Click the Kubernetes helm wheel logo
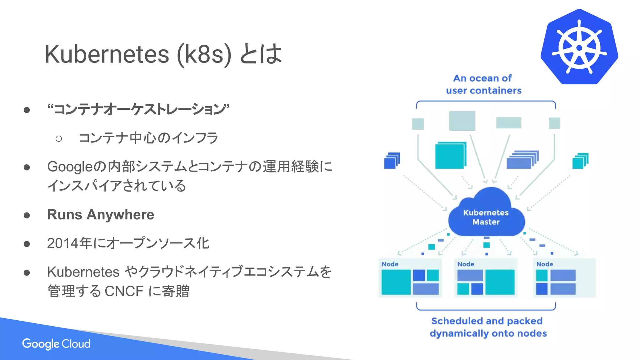[579, 47]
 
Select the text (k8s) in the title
[204, 54]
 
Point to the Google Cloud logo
[56, 344]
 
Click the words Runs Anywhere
[101, 215]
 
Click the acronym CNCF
[124, 291]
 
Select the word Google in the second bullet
[70, 167]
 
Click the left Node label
[390, 264]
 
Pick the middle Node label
[466, 264]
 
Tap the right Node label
[545, 264]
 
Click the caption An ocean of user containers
[483, 84]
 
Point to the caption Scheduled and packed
[487, 321]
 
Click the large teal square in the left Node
[396, 282]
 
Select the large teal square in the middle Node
[500, 282]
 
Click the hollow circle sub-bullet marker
[58, 138]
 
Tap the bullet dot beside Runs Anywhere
[27, 215]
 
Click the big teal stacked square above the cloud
[450, 156]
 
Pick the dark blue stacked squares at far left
[391, 161]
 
